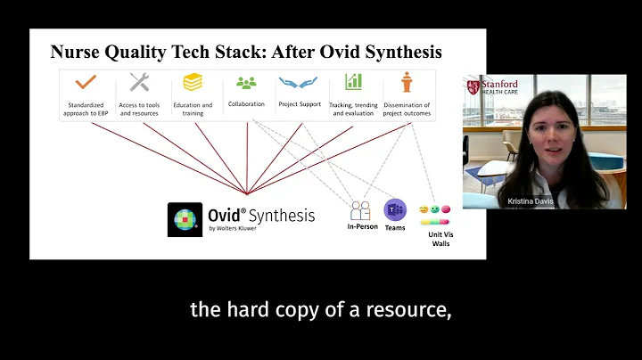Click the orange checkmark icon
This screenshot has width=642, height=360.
click(86, 83)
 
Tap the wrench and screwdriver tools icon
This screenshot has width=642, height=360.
click(139, 83)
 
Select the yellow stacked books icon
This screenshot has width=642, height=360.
click(193, 83)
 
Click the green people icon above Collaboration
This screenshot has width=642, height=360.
click(246, 83)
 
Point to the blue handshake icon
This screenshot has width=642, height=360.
click(299, 83)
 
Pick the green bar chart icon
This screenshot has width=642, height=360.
click(353, 82)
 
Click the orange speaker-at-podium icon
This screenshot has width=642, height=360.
click(407, 82)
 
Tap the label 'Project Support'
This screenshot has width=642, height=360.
click(299, 103)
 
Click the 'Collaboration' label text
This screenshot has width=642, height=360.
click(246, 103)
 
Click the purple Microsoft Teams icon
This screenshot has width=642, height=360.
click(394, 210)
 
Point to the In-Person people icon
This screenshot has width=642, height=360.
click(360, 211)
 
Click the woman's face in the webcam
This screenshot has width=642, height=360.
click(544, 132)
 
